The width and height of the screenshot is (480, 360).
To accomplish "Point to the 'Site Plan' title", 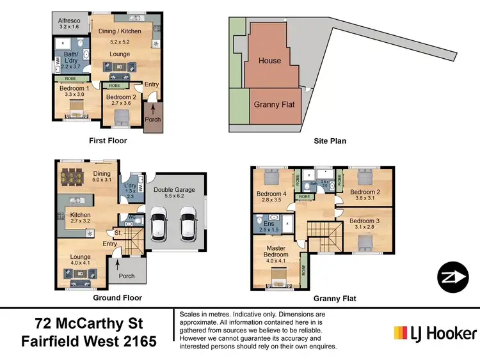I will point(329,141).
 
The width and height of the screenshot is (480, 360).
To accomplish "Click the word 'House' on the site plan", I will point(269,61).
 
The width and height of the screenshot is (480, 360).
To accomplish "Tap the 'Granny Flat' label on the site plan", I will point(274,104).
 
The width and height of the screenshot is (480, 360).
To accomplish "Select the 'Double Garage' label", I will point(175,190).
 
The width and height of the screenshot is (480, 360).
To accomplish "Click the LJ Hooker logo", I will point(435,333).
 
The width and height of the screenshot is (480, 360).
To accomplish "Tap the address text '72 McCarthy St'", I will point(87,324).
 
